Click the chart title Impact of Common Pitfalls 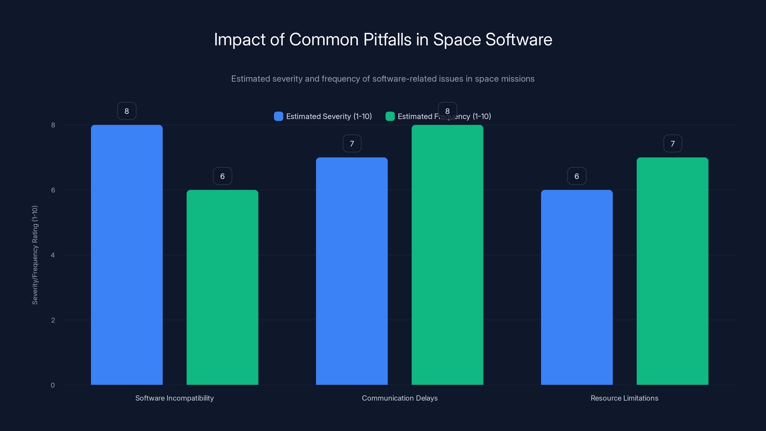(383, 40)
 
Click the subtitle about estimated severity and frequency (383, 79)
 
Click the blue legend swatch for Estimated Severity (278, 116)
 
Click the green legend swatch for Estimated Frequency (390, 116)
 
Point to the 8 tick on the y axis (53, 125)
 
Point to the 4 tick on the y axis (53, 255)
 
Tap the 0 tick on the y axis (53, 386)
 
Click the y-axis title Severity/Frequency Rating (35, 255)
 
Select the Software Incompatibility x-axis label (175, 398)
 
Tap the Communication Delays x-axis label (400, 398)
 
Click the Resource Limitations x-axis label (625, 398)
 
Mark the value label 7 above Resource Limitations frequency (673, 144)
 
